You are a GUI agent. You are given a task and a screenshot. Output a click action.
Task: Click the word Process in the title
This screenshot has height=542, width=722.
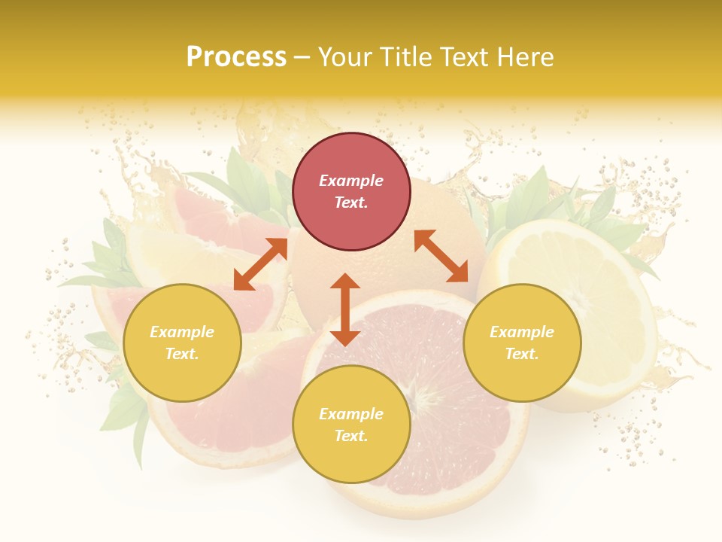coord(236,56)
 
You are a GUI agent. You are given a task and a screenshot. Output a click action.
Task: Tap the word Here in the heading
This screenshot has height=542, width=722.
coord(524,56)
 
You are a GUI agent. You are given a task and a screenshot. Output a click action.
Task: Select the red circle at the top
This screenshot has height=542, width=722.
coord(351,192)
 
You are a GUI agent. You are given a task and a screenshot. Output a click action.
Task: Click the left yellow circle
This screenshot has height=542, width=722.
coord(182,343)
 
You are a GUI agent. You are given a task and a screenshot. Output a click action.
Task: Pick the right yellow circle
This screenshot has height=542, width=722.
coord(521,343)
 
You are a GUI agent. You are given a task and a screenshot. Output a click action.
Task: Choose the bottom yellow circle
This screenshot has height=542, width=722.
coord(351,425)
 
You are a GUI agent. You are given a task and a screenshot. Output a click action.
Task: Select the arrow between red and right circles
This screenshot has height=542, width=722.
coord(441,256)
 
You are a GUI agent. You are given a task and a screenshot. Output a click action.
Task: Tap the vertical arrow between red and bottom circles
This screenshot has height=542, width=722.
coord(345,309)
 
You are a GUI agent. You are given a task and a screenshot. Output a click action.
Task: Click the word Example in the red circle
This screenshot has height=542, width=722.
coord(351,181)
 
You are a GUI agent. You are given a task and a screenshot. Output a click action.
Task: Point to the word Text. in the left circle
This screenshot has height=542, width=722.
coord(182,354)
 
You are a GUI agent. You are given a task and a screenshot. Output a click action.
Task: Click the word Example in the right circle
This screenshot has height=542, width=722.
coord(521,332)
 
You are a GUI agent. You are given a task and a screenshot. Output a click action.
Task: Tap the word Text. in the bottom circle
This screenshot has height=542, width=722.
coord(351,436)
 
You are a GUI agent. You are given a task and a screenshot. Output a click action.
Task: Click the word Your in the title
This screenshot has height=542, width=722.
coord(343,56)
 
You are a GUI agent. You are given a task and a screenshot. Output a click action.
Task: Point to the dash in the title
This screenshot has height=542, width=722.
coord(302,57)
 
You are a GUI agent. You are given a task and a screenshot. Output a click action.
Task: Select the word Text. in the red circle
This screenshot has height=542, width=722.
coord(351,202)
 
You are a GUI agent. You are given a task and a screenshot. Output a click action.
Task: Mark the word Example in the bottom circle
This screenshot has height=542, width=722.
coord(351,414)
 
